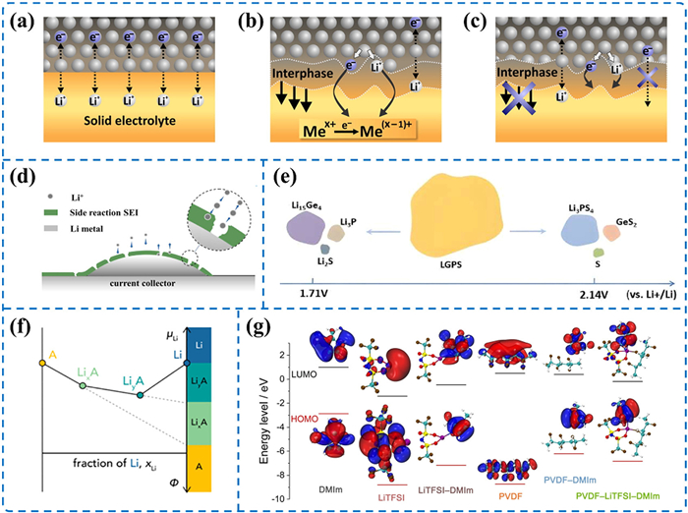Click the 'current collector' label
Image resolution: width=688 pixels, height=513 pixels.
[x=150, y=282]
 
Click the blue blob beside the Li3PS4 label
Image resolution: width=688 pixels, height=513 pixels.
[x=586, y=232]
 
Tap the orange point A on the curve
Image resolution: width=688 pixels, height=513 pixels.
[x=42, y=364]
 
